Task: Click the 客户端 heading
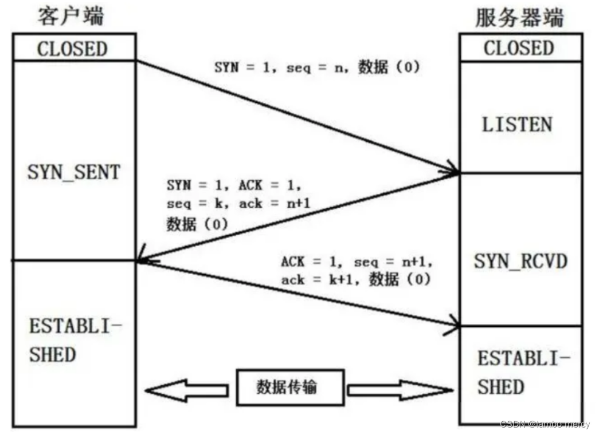71,15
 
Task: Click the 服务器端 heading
519,17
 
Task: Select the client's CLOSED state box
73,49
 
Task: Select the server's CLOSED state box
519,48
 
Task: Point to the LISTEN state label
517,125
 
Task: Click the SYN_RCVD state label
520,262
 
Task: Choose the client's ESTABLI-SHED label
75,341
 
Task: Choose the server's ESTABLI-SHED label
523,373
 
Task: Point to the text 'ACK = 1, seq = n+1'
356,262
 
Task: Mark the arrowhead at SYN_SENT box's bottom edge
142,260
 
